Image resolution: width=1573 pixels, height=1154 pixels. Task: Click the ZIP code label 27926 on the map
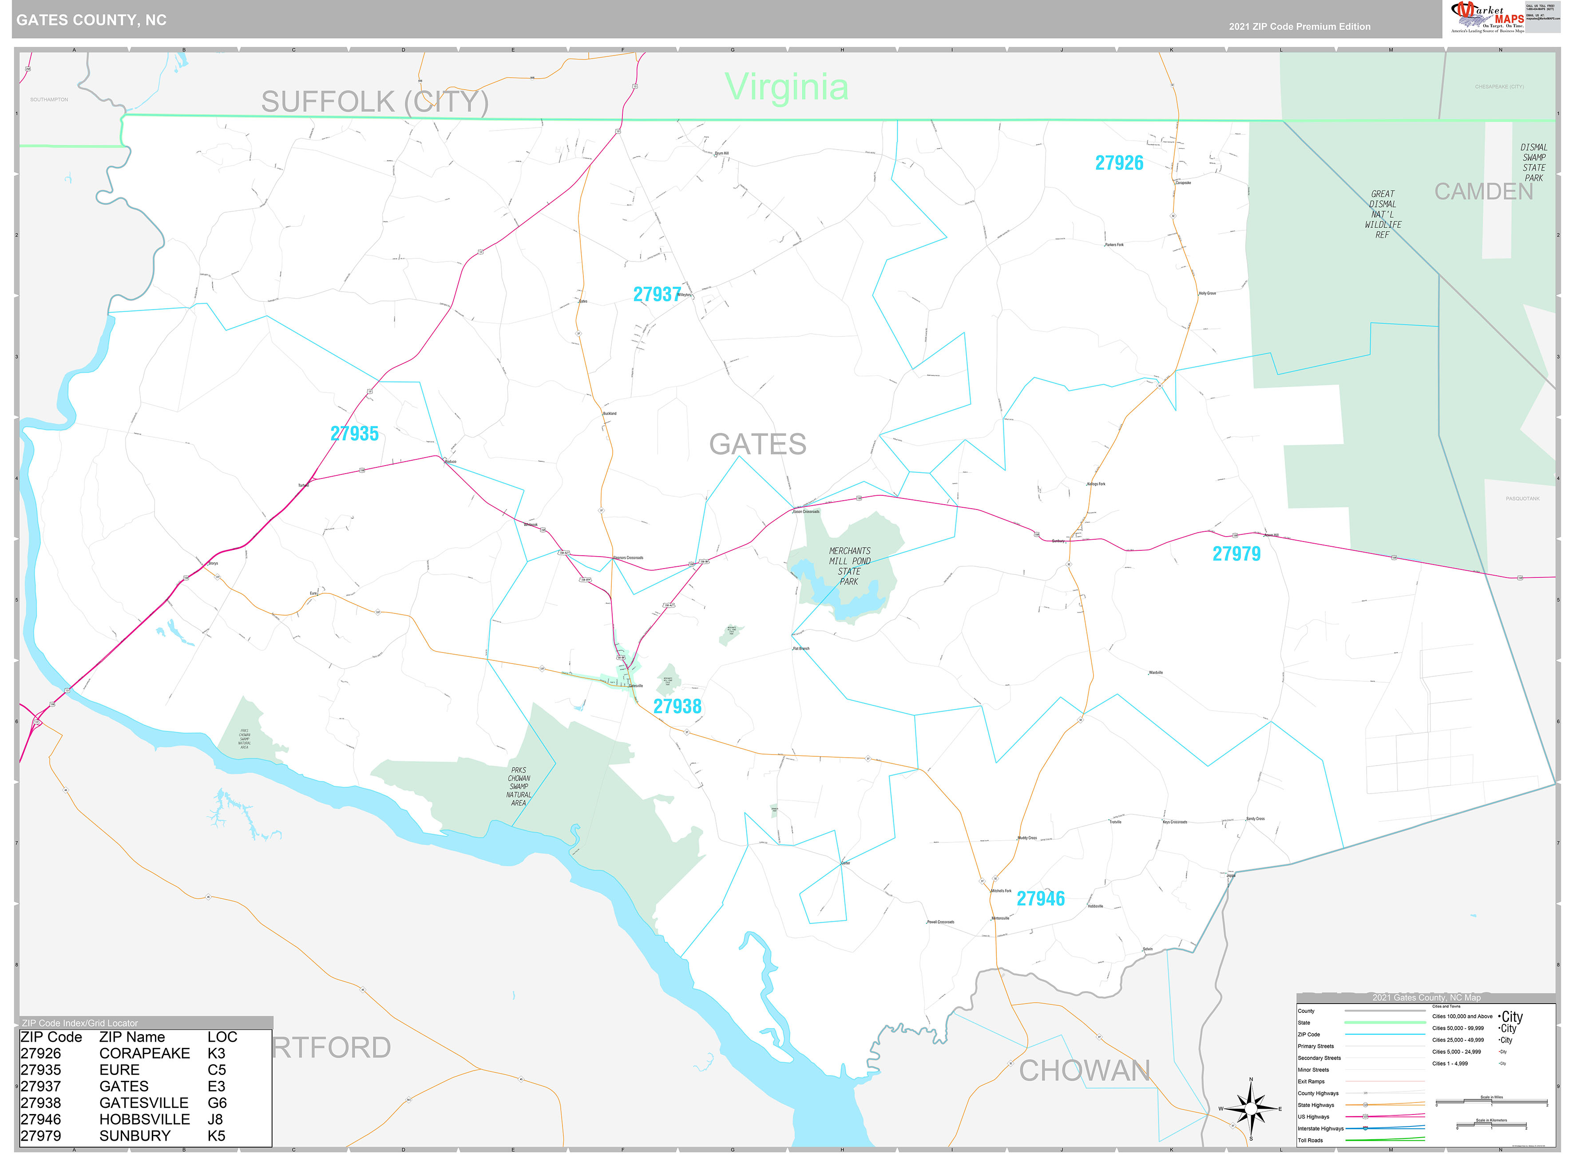coord(1119,163)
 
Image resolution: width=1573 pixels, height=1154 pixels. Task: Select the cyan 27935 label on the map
coord(354,434)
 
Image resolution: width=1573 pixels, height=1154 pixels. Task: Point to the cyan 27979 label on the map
coord(1236,554)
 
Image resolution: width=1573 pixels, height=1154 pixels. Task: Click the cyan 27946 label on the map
coord(1040,899)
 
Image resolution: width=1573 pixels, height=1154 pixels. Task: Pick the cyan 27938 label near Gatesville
coord(677,706)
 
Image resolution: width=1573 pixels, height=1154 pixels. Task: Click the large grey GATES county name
coord(757,444)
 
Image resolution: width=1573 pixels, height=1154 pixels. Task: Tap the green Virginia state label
coord(786,87)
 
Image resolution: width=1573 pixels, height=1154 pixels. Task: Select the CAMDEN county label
coord(1483,191)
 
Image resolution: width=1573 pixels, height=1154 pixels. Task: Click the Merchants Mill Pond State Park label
coord(849,566)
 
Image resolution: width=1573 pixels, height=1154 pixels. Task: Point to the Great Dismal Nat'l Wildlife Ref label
coord(1382,214)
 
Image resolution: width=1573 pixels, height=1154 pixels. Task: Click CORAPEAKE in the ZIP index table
coord(144,1053)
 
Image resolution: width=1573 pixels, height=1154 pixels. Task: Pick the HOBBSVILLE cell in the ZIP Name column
coord(144,1119)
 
